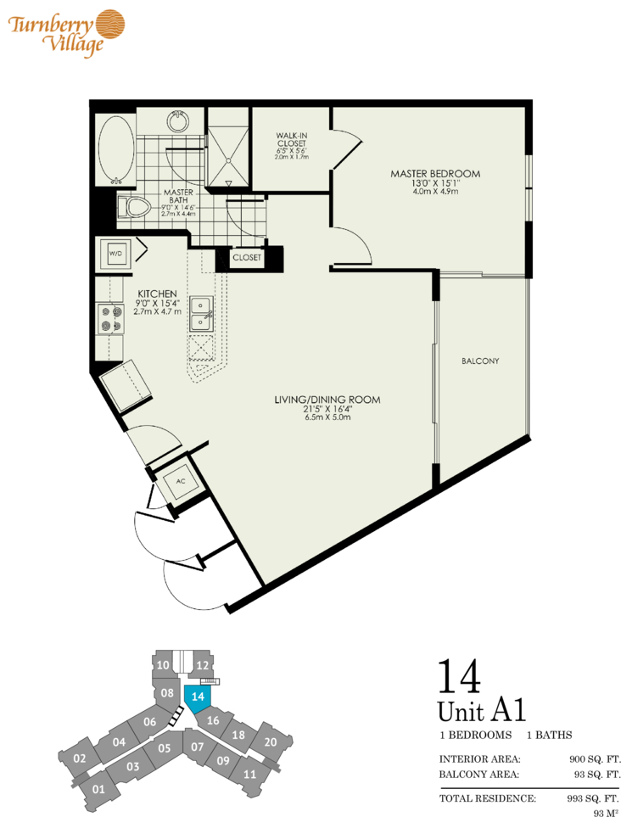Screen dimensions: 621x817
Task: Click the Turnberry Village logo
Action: [x=66, y=32]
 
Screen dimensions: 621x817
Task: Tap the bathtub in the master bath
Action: [x=115, y=149]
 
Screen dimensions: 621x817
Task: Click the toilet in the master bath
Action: [x=133, y=207]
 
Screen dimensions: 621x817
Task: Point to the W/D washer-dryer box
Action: [x=115, y=254]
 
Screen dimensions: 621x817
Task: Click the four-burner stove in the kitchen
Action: [x=110, y=319]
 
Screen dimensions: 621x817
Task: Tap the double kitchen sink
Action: [x=201, y=314]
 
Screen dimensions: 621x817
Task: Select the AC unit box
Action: [x=180, y=481]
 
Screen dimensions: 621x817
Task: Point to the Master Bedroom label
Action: [x=435, y=174]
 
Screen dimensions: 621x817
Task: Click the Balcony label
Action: [x=480, y=361]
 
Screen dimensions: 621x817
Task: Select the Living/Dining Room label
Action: [x=327, y=400]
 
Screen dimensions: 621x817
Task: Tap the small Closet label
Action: [x=247, y=257]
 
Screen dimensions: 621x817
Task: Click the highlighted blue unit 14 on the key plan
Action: [x=198, y=700]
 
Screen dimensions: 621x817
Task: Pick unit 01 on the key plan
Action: [x=98, y=789]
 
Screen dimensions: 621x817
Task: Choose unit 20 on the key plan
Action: [x=271, y=741]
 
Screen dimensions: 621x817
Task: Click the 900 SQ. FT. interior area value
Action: [x=595, y=759]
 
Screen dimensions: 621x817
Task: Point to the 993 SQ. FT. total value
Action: [x=593, y=797]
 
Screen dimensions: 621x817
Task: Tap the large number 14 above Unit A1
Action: [x=459, y=676]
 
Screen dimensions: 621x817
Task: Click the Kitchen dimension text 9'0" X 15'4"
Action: [x=157, y=303]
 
